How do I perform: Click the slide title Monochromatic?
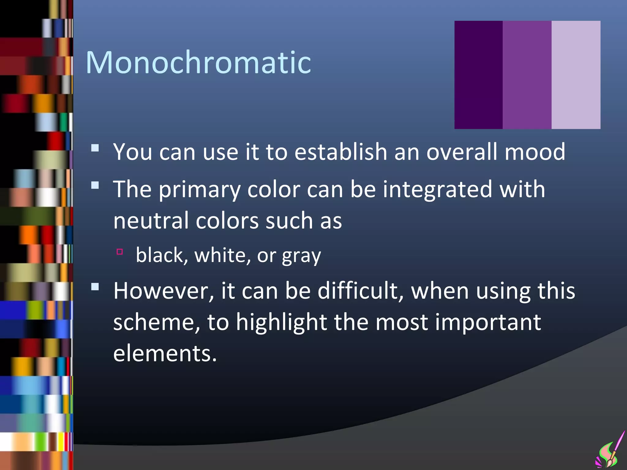198,63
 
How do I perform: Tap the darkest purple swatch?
478,75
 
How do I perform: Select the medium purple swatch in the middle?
527,75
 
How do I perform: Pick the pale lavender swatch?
576,75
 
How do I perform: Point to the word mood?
535,152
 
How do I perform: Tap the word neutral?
151,220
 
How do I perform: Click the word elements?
165,353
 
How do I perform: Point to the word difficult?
360,291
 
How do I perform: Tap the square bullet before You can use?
95,148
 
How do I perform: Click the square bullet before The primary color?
95,185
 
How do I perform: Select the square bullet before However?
95,287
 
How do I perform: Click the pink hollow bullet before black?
120,252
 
